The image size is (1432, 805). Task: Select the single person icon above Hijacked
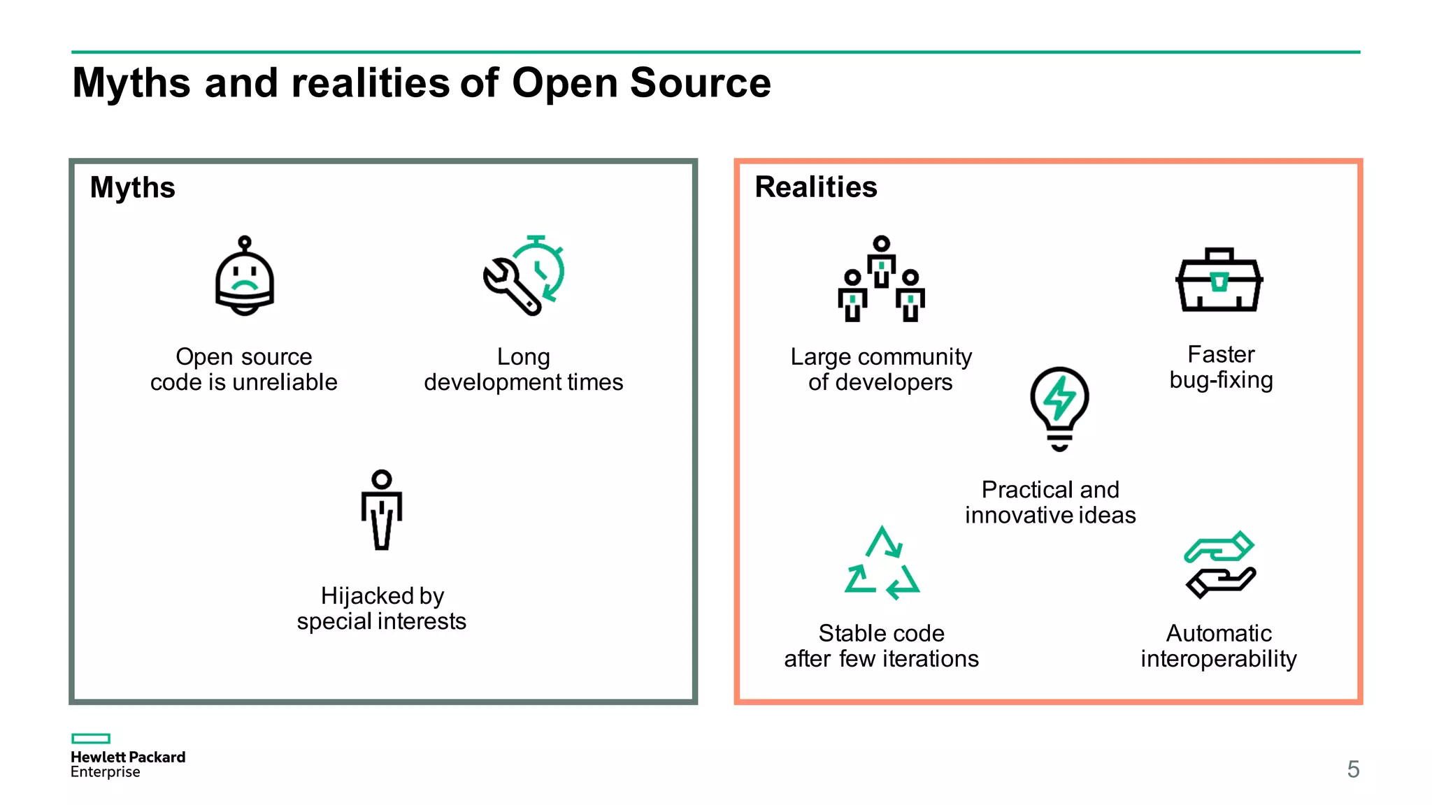[x=382, y=509]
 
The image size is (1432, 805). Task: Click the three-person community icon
[x=881, y=279]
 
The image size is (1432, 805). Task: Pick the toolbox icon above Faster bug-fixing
[x=1219, y=280]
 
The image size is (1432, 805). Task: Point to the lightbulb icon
[x=1059, y=408]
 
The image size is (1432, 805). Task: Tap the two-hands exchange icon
[x=1220, y=565]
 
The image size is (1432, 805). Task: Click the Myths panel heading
[x=133, y=187]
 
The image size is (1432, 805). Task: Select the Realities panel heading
[x=816, y=187]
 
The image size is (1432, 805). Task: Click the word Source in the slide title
[x=700, y=83]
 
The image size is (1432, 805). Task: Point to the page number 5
[x=1353, y=769]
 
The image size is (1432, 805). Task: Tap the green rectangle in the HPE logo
[x=91, y=739]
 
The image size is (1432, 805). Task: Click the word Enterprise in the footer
[x=106, y=772]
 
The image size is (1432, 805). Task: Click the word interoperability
[x=1219, y=659]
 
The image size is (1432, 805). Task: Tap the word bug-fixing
[x=1221, y=380]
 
